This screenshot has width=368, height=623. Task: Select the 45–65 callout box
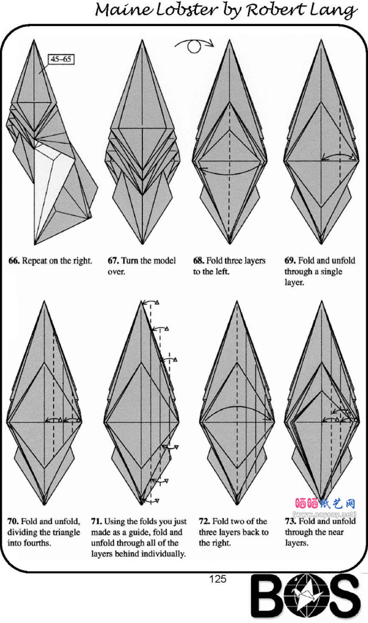point(61,59)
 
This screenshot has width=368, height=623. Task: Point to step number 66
point(14,261)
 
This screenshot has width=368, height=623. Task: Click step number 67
point(113,261)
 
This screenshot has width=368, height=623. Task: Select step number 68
point(198,261)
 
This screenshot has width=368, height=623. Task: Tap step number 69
point(290,261)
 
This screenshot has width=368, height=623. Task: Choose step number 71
point(97,521)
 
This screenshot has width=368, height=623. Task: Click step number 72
point(204,521)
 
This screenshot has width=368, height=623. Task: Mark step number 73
point(291,521)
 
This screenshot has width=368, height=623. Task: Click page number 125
point(218,579)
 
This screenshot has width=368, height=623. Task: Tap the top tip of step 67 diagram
point(142,40)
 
